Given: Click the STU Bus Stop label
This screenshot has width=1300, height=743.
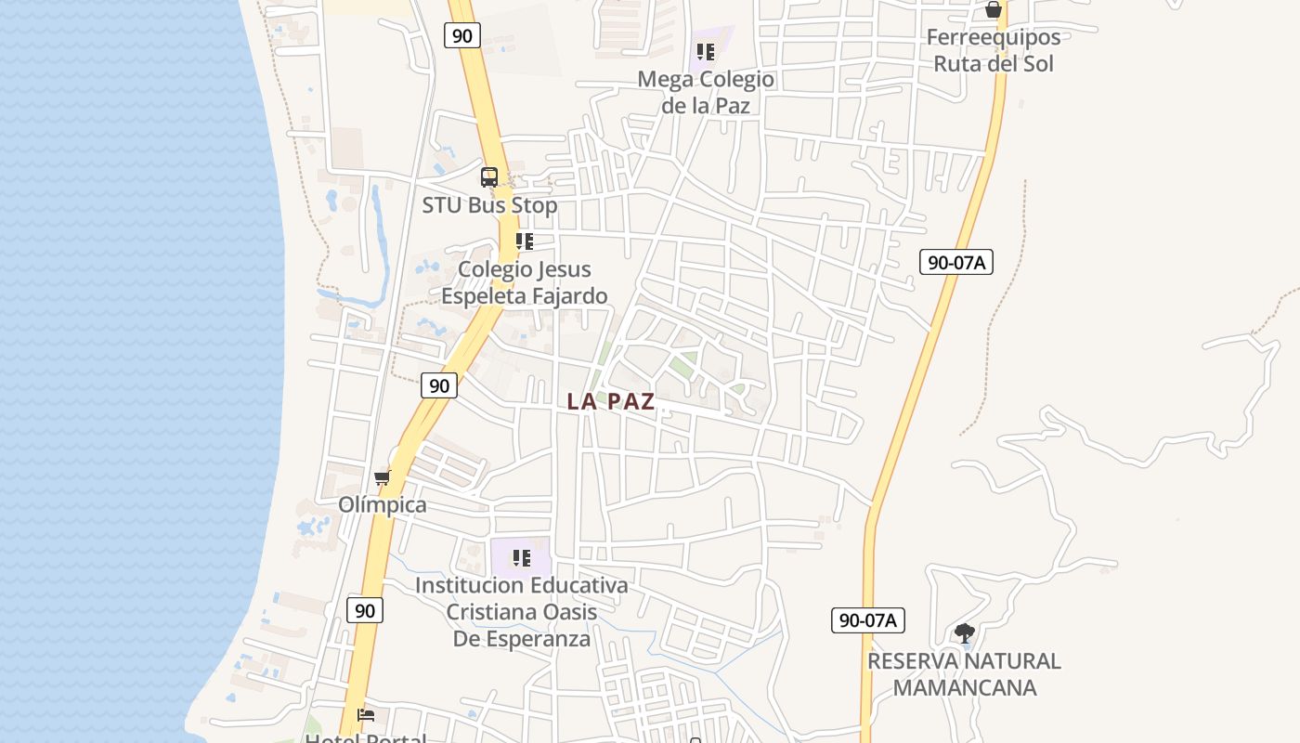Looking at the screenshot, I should click(x=489, y=205).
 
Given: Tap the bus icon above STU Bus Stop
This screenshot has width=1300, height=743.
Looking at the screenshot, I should click(x=489, y=176).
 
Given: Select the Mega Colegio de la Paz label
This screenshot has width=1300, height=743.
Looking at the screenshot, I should click(x=706, y=92).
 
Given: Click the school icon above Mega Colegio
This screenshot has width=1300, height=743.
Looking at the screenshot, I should click(x=706, y=52).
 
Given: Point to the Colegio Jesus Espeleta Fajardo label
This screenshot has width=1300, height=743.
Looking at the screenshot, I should click(x=524, y=282).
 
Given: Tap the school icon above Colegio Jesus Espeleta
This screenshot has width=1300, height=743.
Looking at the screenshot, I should click(x=525, y=241).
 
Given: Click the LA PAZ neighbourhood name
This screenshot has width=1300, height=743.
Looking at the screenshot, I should click(x=611, y=401).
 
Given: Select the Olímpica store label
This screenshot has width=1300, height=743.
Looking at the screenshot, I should click(x=383, y=504).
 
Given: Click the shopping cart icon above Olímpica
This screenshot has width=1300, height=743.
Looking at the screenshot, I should click(x=383, y=478).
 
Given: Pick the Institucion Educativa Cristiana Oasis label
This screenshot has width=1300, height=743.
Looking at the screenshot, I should click(x=522, y=612).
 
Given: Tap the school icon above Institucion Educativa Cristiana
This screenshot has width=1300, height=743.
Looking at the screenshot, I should click(x=522, y=558).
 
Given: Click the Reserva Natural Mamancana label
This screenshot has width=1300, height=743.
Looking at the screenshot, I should click(x=964, y=674).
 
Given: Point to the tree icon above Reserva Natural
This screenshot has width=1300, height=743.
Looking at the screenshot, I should click(x=965, y=633).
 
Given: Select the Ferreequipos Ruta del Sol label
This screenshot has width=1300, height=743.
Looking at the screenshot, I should click(x=994, y=50).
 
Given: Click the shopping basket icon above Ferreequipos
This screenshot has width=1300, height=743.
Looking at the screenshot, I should click(x=994, y=10).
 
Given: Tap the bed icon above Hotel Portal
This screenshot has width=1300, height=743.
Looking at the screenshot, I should click(x=366, y=714).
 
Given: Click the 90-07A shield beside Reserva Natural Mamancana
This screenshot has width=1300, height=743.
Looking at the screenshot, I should click(x=867, y=620).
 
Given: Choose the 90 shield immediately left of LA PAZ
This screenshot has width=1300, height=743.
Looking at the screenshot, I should click(x=439, y=385).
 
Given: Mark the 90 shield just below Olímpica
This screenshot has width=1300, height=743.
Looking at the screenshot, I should click(x=365, y=610).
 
